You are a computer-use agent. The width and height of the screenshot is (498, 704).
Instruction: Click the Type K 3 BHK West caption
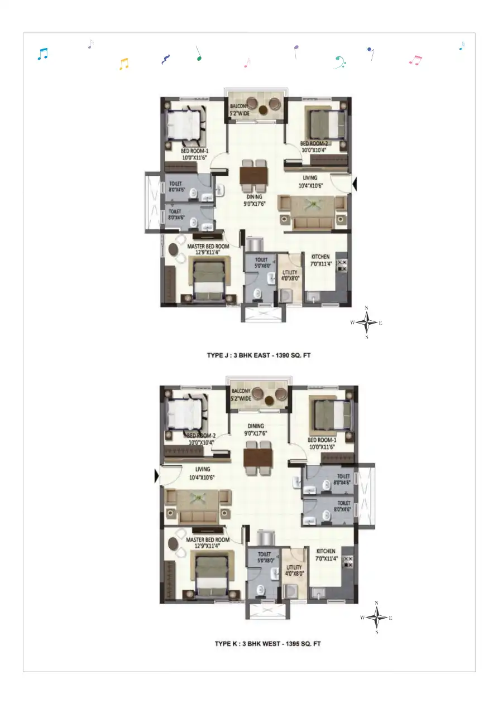(x=268, y=644)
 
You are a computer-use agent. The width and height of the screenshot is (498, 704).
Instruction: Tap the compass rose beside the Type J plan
(x=366, y=322)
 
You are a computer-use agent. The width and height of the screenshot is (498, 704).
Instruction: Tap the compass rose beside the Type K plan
(x=377, y=618)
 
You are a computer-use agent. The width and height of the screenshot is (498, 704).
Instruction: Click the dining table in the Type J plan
(x=253, y=176)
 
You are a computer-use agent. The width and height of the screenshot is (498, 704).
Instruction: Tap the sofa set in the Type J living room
(x=313, y=213)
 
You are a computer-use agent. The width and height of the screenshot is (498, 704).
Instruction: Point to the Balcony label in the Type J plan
(x=240, y=109)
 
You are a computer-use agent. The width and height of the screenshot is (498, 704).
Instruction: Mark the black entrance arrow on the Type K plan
(x=157, y=476)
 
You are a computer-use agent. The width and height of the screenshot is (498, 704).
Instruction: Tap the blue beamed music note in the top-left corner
(x=42, y=54)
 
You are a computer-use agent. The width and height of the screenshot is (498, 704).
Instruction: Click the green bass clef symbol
(x=339, y=62)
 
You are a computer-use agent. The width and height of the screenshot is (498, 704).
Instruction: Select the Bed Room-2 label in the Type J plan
(x=313, y=146)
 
